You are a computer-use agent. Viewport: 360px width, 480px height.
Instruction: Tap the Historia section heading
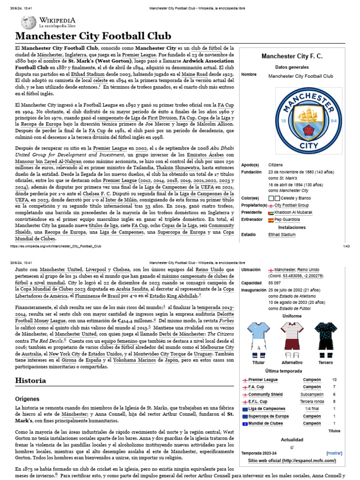(x=30, y=381)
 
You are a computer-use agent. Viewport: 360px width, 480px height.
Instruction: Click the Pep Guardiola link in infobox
(x=287, y=219)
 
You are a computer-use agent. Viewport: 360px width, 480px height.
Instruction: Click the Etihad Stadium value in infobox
(x=282, y=234)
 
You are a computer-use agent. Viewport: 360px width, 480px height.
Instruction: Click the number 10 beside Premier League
(x=334, y=380)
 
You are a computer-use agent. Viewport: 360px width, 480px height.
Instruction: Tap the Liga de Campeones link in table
(x=266, y=409)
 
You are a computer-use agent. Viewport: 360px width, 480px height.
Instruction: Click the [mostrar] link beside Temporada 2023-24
(x=334, y=453)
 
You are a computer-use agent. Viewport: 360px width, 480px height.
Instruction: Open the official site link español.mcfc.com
(x=292, y=461)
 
